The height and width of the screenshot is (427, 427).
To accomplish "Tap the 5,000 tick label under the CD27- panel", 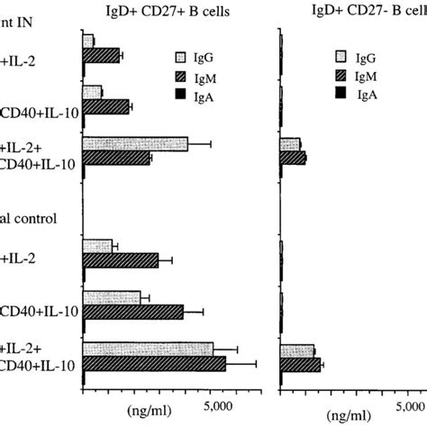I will [x=411, y=402].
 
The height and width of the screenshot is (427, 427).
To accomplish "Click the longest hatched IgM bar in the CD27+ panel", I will [x=154, y=364].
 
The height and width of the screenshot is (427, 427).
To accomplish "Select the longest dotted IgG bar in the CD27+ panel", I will [x=148, y=350].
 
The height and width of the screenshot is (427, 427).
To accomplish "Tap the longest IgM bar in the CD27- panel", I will [x=300, y=365].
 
